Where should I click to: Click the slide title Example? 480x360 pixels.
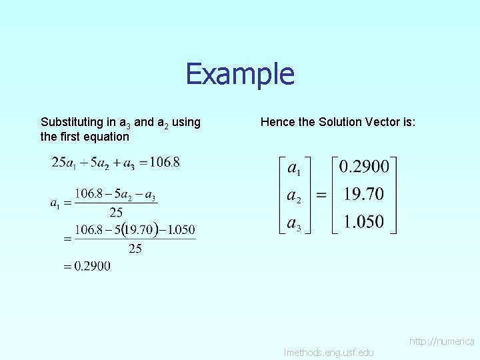240,74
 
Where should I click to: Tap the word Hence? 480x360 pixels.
278,122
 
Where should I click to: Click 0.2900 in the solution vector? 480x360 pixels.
364,166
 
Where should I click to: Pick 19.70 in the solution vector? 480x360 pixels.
364,194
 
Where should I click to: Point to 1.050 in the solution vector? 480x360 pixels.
364,221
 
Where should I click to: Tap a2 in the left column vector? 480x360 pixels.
293,195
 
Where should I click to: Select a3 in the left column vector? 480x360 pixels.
293,223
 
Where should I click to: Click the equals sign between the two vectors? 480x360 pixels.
321,195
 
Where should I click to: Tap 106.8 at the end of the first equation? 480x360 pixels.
165,162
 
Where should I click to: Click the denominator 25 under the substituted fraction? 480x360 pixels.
135,249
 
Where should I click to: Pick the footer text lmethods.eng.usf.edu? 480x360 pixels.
329,352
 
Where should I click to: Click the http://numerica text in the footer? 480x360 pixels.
441,341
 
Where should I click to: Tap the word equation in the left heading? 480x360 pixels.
105,137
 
